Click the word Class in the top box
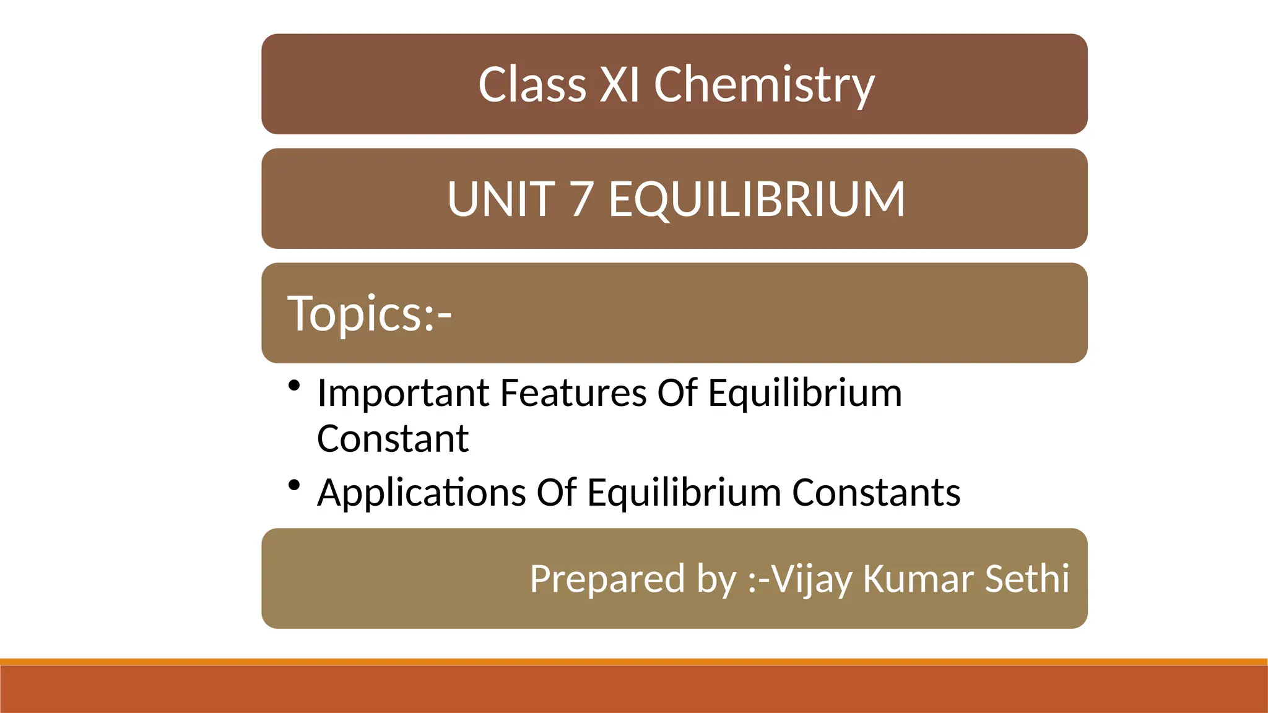tap(532, 84)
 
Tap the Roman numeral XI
tap(619, 84)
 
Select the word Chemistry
tap(764, 85)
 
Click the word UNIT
tap(501, 199)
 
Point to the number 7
tap(581, 199)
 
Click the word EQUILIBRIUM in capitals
tap(757, 199)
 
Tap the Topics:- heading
tap(370, 313)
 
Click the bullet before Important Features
tap(294, 386)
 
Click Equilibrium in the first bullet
tap(805, 394)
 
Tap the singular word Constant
tap(393, 439)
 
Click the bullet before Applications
tap(294, 485)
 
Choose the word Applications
tap(422, 493)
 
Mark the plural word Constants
tap(876, 493)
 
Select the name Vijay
tap(812, 580)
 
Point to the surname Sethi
tap(1027, 579)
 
